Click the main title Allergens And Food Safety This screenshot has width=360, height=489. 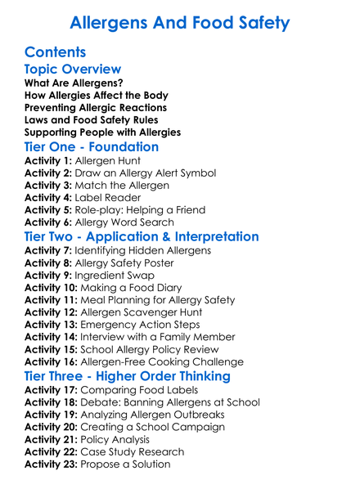180,22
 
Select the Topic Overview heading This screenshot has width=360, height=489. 73,70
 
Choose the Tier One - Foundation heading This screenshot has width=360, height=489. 92,147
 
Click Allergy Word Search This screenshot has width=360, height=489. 125,222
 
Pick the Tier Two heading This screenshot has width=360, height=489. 142,237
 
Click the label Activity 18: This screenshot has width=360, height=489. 52,402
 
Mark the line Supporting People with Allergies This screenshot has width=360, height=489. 103,132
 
